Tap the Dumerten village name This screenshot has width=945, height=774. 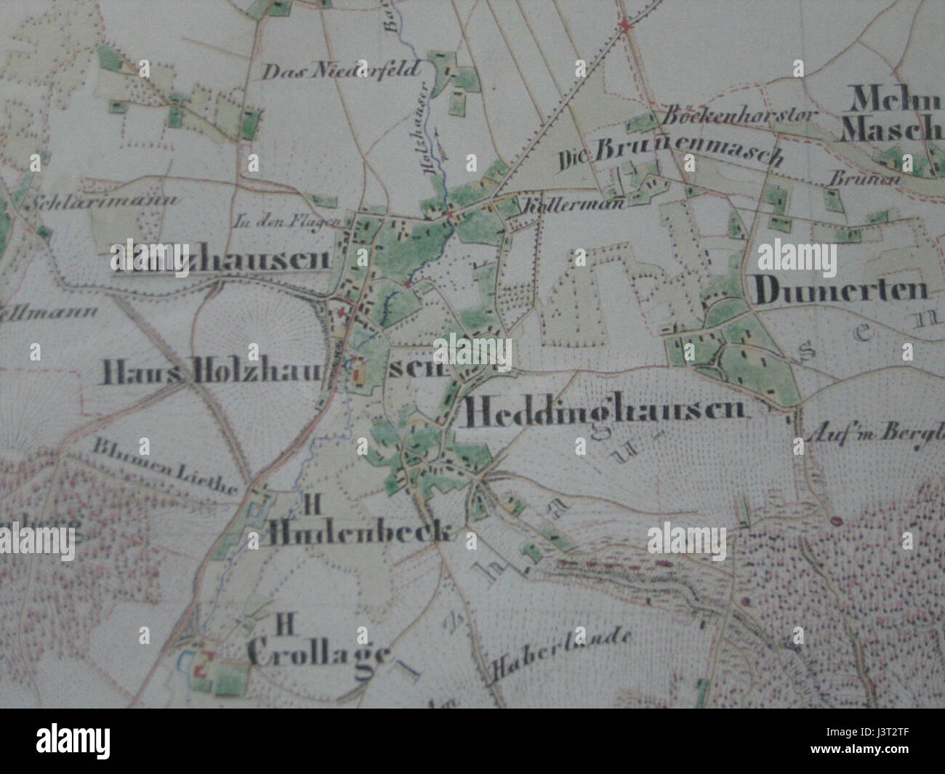[x=842, y=291]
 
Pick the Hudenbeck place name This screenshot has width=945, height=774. [x=361, y=533]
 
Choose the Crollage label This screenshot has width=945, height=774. [x=318, y=653]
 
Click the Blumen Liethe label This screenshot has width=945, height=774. [x=166, y=466]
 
